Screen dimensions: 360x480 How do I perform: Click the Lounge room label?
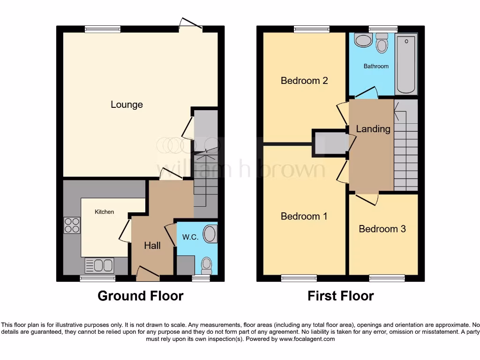[x=127, y=105]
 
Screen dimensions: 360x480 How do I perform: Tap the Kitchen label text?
[x=104, y=212]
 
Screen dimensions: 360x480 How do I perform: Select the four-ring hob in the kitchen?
[x=72, y=225]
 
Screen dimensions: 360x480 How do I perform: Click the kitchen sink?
[x=99, y=265]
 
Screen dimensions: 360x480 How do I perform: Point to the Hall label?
[x=152, y=246]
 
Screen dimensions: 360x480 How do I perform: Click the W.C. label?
[x=190, y=237]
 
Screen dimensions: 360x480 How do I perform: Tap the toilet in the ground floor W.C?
[x=206, y=265]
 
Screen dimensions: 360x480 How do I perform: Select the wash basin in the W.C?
[x=211, y=234]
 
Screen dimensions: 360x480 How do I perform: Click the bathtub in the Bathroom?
[x=406, y=64]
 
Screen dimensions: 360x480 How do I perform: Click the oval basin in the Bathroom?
[x=363, y=40]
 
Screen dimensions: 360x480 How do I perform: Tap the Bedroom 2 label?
[x=304, y=81]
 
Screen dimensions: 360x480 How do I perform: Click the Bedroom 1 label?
[x=304, y=216]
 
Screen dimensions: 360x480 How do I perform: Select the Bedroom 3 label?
[x=382, y=229]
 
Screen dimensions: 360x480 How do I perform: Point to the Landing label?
[x=373, y=129]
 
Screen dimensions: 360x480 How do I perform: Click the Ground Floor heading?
[x=140, y=296]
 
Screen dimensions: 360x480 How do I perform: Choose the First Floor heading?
[x=340, y=296]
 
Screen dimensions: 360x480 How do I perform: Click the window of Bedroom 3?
[x=387, y=278]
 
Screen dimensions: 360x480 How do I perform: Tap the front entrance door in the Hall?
[x=147, y=275]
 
